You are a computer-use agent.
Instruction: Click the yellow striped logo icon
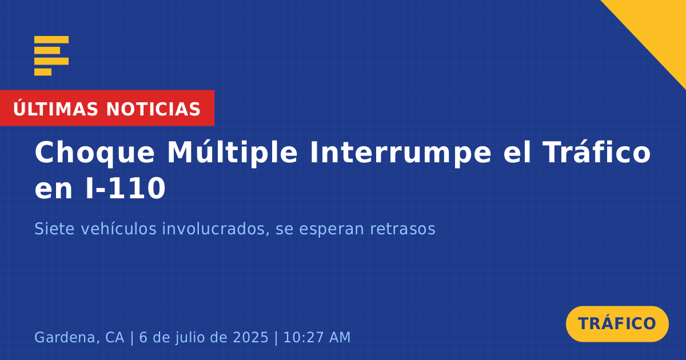[51, 56]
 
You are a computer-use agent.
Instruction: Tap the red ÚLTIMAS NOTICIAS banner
[107, 108]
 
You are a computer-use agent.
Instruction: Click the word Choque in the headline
[95, 153]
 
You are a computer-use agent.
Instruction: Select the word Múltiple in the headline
[232, 152]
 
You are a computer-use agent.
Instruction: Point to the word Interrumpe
[401, 153]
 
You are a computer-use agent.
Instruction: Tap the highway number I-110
[126, 188]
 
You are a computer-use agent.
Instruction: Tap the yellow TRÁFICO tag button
[617, 323]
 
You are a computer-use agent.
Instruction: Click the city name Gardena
[67, 337]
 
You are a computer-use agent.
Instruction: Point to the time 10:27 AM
[317, 337]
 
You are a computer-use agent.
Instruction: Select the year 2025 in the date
[250, 337]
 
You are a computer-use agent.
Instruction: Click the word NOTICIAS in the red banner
[153, 109]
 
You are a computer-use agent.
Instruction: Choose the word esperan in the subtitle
[331, 230]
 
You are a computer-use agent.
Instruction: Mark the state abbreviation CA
[115, 337]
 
